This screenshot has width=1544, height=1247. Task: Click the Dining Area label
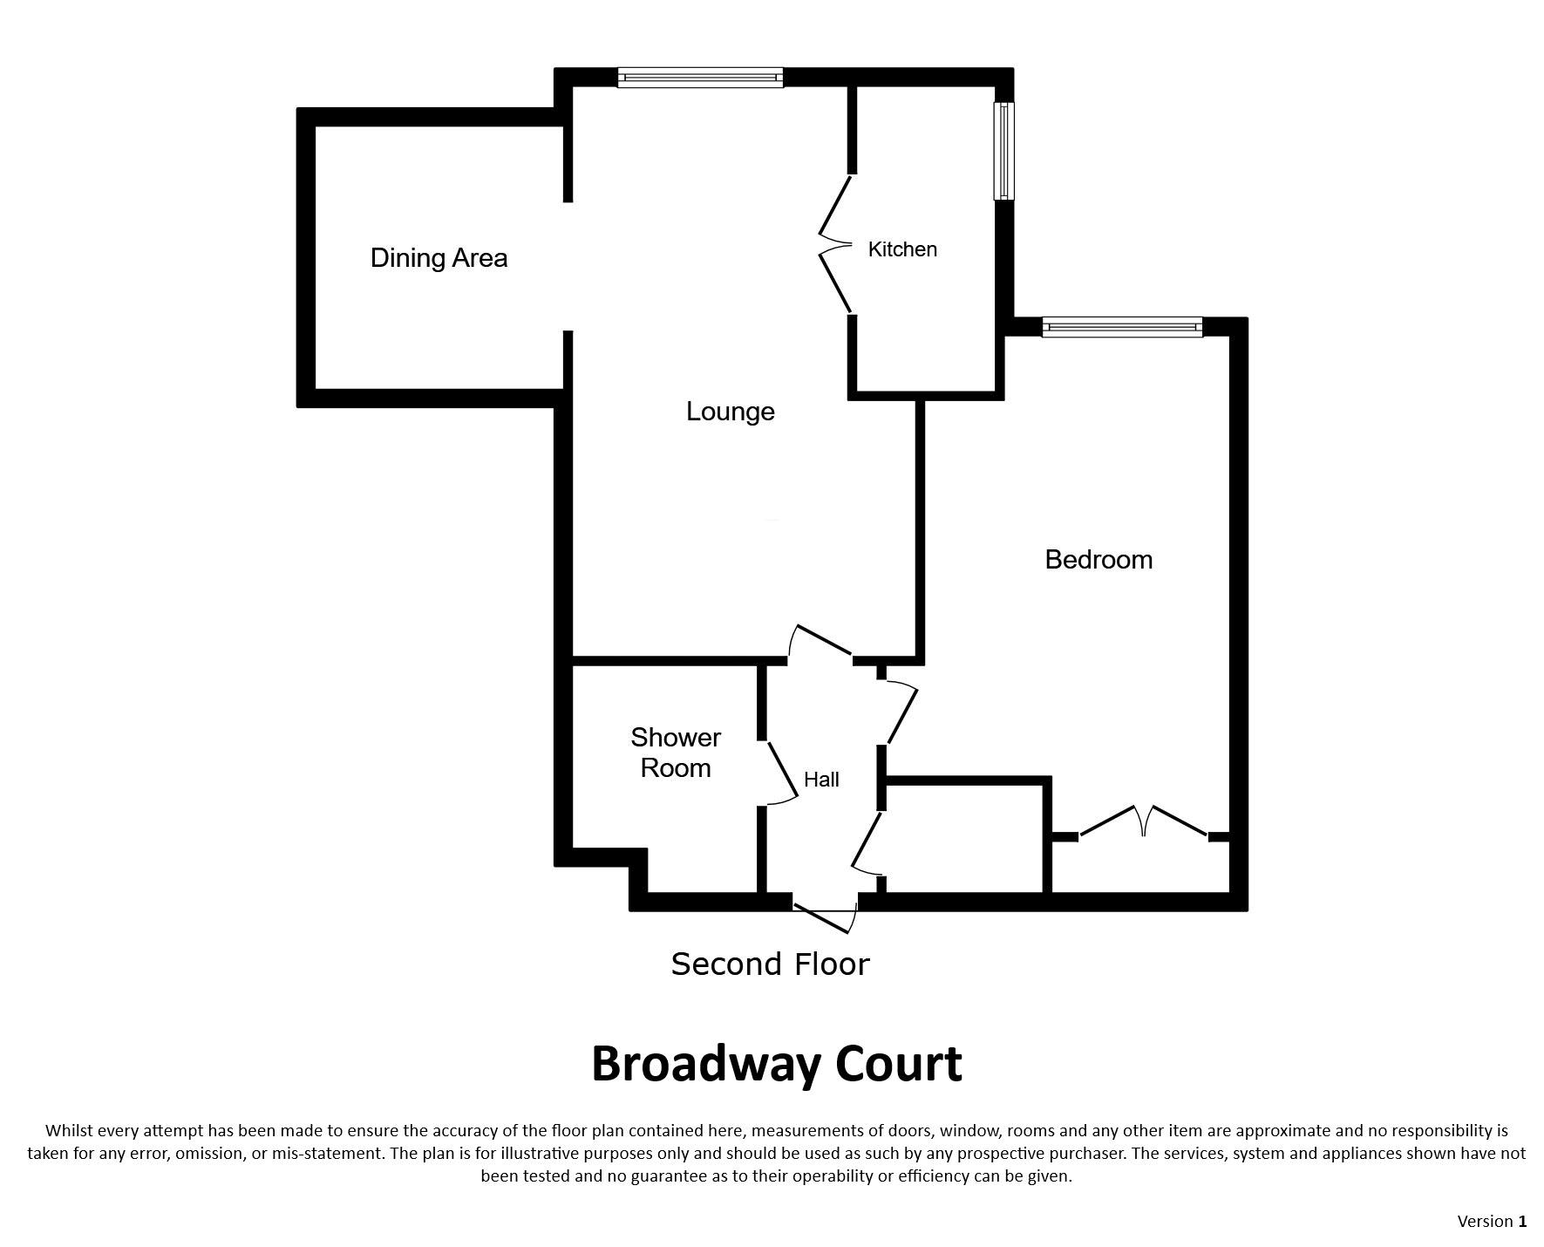point(439,258)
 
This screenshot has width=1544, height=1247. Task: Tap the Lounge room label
point(731,412)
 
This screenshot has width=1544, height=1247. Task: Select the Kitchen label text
point(902,249)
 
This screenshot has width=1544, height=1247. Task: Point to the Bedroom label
point(1098,559)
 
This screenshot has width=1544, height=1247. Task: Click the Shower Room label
point(676,753)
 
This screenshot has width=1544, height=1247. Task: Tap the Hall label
point(821,780)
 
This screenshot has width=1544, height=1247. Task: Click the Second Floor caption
point(771,964)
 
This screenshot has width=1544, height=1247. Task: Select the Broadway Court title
point(777,1064)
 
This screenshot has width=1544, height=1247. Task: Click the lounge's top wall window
point(701,78)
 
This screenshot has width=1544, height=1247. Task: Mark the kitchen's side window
point(1004,151)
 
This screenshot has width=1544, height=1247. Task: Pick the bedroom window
point(1122,327)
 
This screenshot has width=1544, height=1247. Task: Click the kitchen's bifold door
point(835,244)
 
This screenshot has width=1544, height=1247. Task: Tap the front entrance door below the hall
point(826,919)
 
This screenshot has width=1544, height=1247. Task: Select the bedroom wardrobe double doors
point(1144,821)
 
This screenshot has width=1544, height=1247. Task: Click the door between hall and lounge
point(820,641)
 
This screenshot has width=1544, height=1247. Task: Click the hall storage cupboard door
point(866,842)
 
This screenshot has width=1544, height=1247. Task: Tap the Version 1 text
point(1492,1221)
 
